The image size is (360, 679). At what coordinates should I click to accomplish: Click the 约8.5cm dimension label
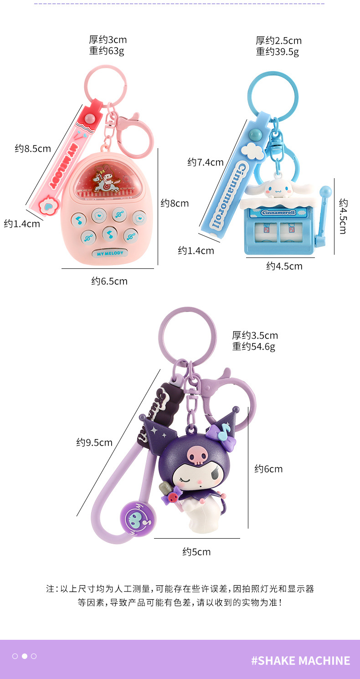(33, 148)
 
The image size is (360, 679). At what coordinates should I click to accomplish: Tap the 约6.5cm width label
(109, 281)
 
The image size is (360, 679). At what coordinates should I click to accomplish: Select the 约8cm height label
(175, 203)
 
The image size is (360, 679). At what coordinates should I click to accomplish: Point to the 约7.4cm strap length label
(206, 162)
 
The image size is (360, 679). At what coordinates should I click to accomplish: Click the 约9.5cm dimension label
(94, 442)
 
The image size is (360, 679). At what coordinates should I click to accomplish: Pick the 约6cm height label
(268, 469)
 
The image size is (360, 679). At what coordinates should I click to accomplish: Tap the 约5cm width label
(197, 552)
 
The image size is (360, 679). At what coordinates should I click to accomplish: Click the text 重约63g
(107, 51)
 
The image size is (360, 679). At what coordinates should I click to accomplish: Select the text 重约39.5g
(278, 51)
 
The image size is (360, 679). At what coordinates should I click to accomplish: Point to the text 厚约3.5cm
(255, 336)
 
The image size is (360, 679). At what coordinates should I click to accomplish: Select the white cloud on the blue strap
(253, 151)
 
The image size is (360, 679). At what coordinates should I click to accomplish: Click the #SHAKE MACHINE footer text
(301, 660)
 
